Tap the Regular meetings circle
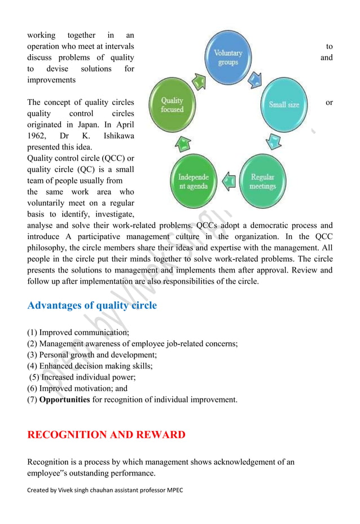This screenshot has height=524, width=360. (263, 182)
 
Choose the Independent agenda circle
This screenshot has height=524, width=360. (193, 182)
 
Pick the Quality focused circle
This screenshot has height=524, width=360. (173, 105)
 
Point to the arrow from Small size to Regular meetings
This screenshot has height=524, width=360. (272, 142)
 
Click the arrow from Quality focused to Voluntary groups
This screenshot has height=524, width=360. (199, 82)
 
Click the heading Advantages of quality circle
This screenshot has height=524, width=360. (92, 306)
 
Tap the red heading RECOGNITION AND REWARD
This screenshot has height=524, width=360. (106, 435)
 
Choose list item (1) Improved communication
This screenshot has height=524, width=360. (78, 332)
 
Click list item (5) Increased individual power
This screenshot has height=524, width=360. (82, 377)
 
